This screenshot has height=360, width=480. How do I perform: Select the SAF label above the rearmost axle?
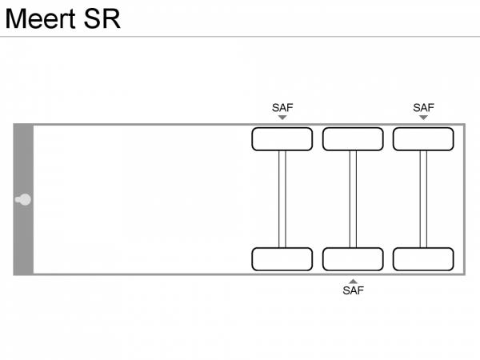pos(423,107)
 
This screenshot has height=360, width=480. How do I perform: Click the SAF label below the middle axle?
pos(353,290)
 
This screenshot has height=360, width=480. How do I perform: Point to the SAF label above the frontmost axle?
pos(282,107)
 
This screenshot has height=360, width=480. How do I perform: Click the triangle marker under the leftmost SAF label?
pos(282,118)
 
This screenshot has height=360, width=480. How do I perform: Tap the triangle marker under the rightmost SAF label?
pos(423,118)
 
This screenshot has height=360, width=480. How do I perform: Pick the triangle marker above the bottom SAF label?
pos(353,281)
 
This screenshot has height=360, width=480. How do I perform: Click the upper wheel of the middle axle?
pos(353,139)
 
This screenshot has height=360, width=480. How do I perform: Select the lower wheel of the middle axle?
pos(353,259)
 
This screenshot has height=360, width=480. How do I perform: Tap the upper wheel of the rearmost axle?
pos(423,139)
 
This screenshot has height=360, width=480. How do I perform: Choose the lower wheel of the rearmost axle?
pos(423,259)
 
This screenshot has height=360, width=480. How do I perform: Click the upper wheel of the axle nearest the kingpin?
pos(282,139)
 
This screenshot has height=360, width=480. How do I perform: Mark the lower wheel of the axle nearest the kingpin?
pos(282,259)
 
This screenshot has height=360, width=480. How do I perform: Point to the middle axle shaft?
pos(353,199)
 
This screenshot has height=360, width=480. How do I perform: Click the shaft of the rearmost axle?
pos(423,199)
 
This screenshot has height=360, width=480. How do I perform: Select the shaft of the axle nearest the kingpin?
pos(282,199)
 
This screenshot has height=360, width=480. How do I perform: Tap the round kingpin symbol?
pos(25,199)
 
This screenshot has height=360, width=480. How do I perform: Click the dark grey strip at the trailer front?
pos(23,160)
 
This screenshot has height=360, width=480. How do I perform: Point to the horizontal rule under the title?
pos(240,36)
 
